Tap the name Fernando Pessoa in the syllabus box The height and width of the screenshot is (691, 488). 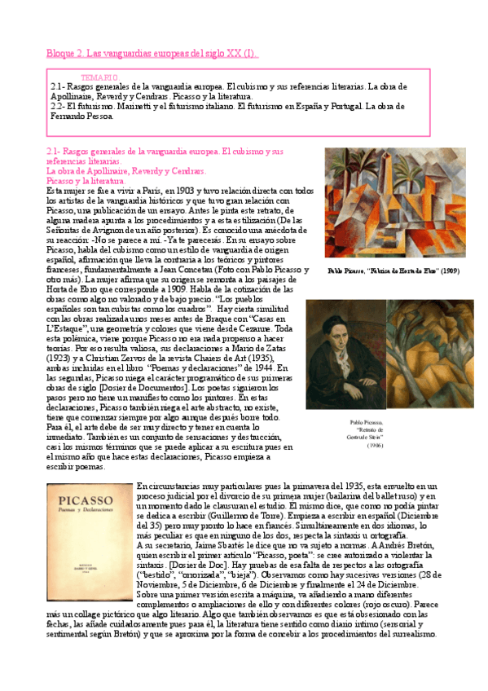pos(82,115)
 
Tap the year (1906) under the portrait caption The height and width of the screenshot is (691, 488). pos(375,446)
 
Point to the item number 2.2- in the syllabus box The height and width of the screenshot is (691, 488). pos(58,105)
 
